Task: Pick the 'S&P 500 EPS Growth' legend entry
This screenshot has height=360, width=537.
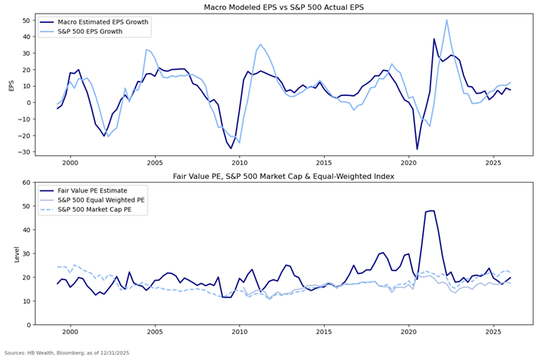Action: pyautogui.click(x=91, y=31)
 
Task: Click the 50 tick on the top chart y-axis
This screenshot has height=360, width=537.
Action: pyautogui.click(x=27, y=21)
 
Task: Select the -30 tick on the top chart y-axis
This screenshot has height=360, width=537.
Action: pyautogui.click(x=24, y=151)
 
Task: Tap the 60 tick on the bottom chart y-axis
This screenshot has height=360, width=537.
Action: pyautogui.click(x=27, y=183)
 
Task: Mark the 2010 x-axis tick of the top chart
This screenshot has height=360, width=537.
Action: pyautogui.click(x=240, y=163)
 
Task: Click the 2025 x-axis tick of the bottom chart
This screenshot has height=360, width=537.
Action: pyautogui.click(x=494, y=333)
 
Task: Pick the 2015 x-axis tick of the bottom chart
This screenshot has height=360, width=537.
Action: pyautogui.click(x=324, y=333)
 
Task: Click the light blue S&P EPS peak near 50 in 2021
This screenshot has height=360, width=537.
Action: pyautogui.click(x=446, y=21)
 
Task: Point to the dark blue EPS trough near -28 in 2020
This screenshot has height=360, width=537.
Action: pyautogui.click(x=417, y=148)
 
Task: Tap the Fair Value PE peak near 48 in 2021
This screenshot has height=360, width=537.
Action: pyautogui.click(x=431, y=211)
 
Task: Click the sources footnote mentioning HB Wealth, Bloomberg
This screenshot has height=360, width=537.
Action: pyautogui.click(x=67, y=353)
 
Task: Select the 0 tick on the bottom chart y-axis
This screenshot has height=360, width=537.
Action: pyautogui.click(x=29, y=325)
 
